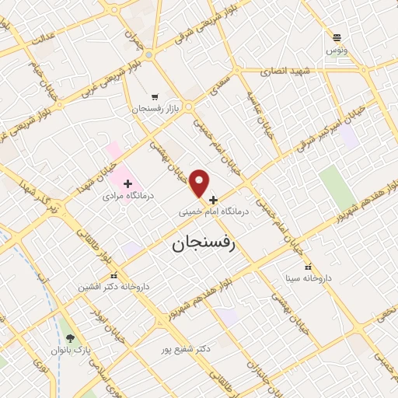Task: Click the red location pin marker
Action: click(x=200, y=183)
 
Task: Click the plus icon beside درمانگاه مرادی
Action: click(x=128, y=183)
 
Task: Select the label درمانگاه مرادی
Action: click(x=129, y=197)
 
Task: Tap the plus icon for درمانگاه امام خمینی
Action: click(x=214, y=200)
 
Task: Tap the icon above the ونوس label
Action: click(x=337, y=37)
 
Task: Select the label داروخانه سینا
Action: click(x=308, y=278)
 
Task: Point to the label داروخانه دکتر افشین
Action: click(x=112, y=287)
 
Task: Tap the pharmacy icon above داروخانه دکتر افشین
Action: click(x=114, y=275)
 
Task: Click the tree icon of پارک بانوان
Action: click(x=71, y=338)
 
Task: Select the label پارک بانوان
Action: click(x=72, y=351)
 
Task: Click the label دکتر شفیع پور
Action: click(x=183, y=349)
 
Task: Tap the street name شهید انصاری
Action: click(x=288, y=71)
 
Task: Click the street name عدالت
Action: click(x=42, y=38)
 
